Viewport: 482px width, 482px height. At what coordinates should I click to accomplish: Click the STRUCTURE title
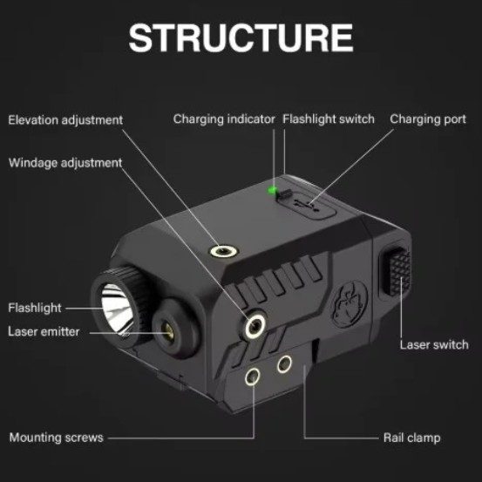click(241, 38)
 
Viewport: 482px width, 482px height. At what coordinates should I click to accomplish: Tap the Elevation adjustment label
click(65, 120)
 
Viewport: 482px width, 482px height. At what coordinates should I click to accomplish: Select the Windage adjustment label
click(65, 163)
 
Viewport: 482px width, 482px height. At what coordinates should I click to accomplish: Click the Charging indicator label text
click(224, 119)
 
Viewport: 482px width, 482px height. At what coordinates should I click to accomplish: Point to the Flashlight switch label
click(329, 119)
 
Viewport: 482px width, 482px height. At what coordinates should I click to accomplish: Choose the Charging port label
click(428, 119)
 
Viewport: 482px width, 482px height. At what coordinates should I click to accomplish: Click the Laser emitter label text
click(44, 332)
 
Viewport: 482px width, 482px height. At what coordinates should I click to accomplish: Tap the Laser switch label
click(434, 345)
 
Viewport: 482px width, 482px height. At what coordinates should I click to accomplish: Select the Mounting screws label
click(57, 438)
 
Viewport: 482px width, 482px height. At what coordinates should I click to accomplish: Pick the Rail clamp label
click(411, 438)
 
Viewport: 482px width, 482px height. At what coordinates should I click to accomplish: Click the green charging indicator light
click(272, 190)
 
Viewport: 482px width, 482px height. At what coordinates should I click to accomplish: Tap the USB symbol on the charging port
click(307, 206)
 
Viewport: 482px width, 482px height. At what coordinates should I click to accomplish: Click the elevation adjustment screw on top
click(224, 251)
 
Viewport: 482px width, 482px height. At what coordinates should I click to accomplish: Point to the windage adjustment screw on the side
click(255, 326)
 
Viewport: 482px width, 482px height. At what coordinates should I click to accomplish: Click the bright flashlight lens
click(116, 309)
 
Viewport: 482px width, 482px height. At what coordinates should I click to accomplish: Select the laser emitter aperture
click(167, 330)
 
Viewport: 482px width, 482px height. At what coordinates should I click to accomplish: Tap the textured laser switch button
click(398, 271)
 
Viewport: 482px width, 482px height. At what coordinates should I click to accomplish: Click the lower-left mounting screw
click(253, 377)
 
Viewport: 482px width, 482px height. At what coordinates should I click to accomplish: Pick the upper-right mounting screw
click(284, 364)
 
